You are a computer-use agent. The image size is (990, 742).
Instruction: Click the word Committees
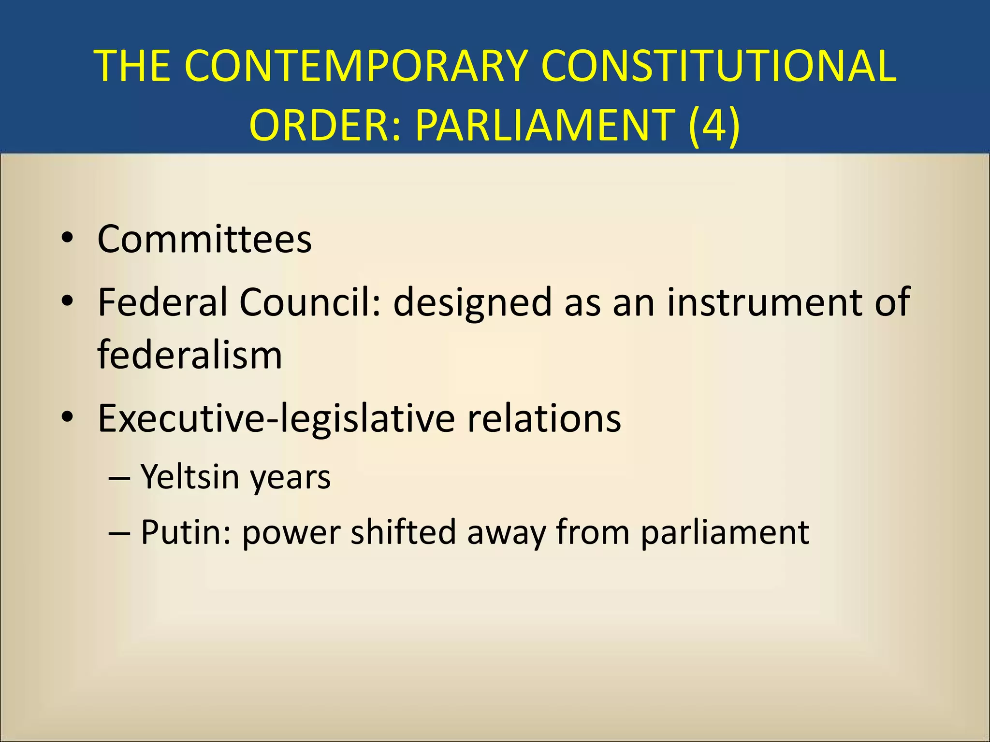point(204,239)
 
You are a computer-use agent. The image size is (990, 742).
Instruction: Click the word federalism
point(189,355)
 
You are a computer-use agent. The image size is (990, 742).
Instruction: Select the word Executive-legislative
point(276,419)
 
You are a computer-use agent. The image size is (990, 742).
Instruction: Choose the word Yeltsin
point(190,477)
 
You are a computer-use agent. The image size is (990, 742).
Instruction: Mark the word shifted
point(404,532)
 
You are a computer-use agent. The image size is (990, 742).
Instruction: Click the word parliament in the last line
point(725,533)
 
